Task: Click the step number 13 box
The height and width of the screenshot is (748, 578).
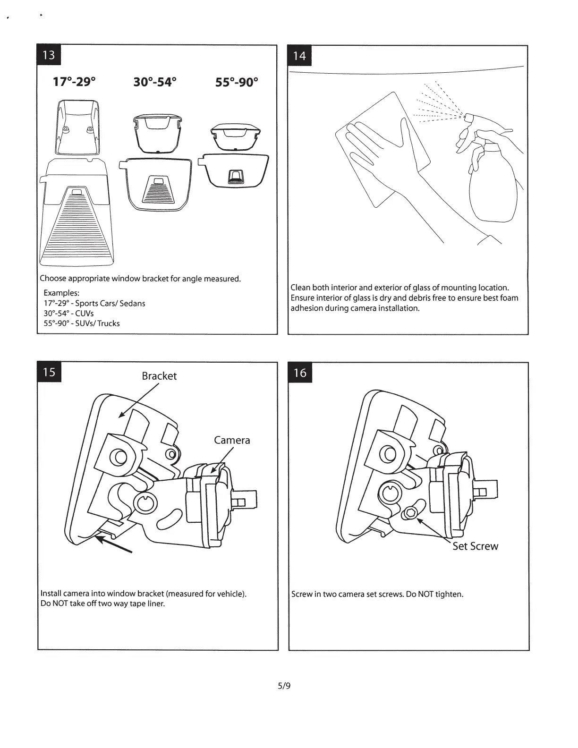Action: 49,55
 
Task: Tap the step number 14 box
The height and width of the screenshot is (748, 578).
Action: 299,56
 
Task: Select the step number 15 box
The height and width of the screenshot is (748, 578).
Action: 49,372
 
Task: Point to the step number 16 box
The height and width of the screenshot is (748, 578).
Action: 300,373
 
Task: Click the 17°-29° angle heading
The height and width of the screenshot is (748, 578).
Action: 74,82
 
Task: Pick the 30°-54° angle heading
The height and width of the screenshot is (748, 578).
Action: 155,82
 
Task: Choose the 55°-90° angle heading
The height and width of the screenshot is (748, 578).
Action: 237,82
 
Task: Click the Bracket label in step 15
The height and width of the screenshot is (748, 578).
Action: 159,376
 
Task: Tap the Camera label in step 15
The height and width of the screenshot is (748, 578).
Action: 232,440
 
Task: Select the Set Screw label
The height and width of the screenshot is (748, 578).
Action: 475,546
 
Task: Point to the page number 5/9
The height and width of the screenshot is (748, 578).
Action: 284,685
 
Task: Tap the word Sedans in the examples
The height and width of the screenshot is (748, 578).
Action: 132,303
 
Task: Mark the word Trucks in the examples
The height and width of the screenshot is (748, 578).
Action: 109,323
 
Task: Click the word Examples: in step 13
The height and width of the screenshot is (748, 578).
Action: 61,293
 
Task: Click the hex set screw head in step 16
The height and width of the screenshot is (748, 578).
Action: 411,513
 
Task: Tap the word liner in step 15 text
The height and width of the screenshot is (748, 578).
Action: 155,603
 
